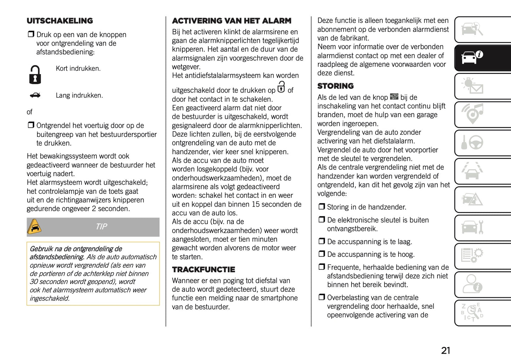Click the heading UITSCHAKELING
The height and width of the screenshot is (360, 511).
pyautogui.click(x=60, y=21)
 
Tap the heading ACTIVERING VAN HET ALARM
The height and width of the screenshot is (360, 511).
pyautogui.click(x=232, y=21)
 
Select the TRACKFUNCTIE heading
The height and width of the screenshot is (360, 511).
pyautogui.click(x=203, y=269)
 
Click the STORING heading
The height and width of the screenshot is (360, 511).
pyautogui.click(x=335, y=86)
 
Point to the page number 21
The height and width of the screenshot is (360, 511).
pyautogui.click(x=446, y=350)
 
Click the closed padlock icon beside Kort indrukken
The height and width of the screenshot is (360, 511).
pyautogui.click(x=35, y=75)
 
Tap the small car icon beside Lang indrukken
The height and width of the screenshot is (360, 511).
pyautogui.click(x=35, y=95)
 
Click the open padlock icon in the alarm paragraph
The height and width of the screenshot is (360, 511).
pyautogui.click(x=281, y=87)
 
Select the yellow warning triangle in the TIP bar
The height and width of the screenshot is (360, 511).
pyautogui.click(x=34, y=227)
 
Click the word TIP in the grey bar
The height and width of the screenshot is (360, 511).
pyautogui.click(x=101, y=227)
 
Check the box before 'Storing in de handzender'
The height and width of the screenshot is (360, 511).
pyautogui.click(x=321, y=207)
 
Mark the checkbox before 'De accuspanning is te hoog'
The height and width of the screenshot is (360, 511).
pyautogui.click(x=321, y=254)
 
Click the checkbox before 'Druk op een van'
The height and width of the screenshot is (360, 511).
pyautogui.click(x=31, y=34)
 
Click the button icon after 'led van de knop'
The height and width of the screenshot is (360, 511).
pyautogui.click(x=394, y=97)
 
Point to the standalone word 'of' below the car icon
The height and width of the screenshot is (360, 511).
pyautogui.click(x=30, y=112)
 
